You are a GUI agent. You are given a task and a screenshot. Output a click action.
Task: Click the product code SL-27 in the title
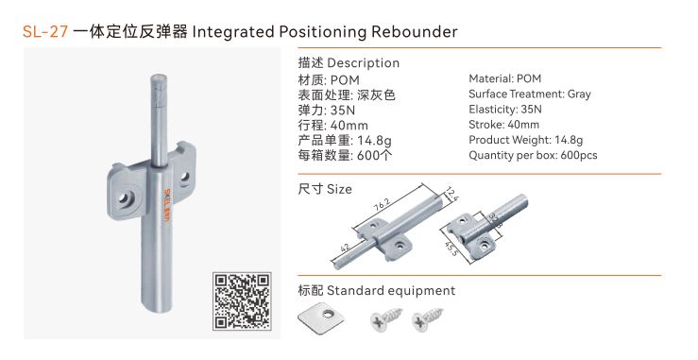click(45, 31)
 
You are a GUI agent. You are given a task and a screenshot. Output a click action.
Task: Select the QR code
click(242, 301)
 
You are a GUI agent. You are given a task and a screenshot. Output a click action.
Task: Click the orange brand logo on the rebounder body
click(167, 206)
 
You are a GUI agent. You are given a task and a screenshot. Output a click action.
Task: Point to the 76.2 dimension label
click(382, 204)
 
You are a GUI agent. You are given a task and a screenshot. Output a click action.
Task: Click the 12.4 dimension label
click(451, 194)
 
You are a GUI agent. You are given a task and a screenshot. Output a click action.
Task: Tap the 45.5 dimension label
click(451, 249)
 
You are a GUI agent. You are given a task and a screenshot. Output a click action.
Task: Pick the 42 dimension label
click(345, 248)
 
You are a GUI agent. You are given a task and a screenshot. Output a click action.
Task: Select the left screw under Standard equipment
click(385, 318)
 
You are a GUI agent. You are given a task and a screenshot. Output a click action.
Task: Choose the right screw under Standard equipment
click(427, 318)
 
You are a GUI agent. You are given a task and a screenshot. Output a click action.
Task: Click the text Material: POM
click(504, 78)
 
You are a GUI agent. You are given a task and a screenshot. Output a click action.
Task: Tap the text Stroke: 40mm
click(504, 125)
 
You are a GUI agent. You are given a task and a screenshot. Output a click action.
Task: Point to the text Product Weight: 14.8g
click(526, 141)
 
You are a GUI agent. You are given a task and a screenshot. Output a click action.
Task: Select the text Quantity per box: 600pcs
click(533, 156)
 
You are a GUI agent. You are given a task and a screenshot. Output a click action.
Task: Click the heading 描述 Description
click(349, 62)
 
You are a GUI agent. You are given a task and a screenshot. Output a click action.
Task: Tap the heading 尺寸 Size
click(325, 189)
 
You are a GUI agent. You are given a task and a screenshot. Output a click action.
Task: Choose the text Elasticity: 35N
click(505, 110)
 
